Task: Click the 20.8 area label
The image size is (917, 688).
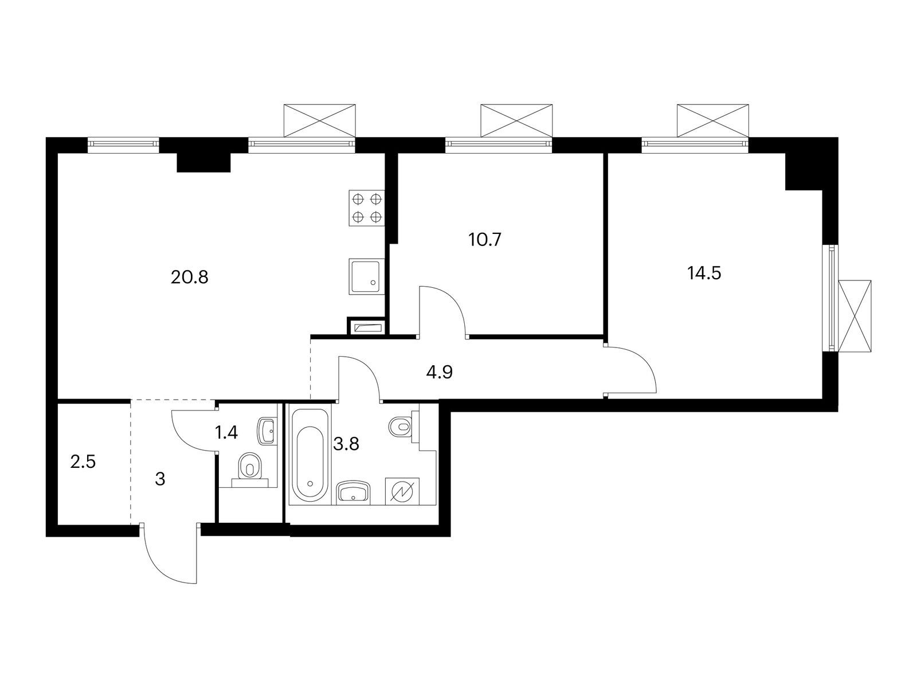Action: pos(189,277)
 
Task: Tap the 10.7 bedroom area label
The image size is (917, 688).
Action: pos(485,240)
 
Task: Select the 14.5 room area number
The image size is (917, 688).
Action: pos(704,273)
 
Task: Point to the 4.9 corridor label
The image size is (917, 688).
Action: pos(439,372)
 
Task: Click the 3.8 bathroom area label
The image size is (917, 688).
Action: pos(346,444)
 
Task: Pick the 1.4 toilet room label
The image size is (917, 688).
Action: pos(226,433)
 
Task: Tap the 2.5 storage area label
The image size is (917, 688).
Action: pos(83,463)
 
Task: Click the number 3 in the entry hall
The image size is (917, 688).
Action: pos(160,479)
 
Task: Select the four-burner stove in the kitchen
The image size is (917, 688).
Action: pos(367,208)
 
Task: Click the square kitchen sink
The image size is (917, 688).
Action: pos(366,276)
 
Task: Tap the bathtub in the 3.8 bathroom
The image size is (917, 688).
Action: pos(309,455)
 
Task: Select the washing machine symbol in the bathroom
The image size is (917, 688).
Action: pos(402,491)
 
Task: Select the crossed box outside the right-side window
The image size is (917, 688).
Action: pos(855,316)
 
